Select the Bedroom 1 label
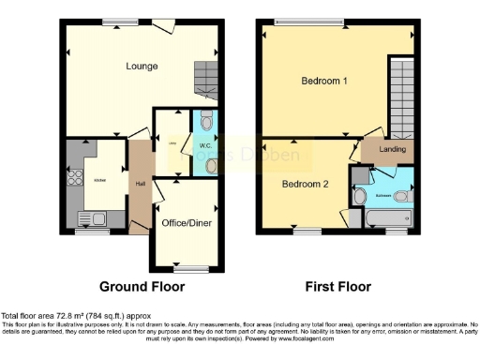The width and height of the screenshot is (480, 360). pyautogui.click(x=324, y=82)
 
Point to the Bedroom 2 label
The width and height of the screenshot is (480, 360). pyautogui.click(x=306, y=184)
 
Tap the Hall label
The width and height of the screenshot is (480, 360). pyautogui.click(x=140, y=184)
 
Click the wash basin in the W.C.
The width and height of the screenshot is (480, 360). pyautogui.click(x=210, y=165)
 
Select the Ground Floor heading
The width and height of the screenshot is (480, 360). pyautogui.click(x=142, y=286)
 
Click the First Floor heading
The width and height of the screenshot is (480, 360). pyautogui.click(x=338, y=286)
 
